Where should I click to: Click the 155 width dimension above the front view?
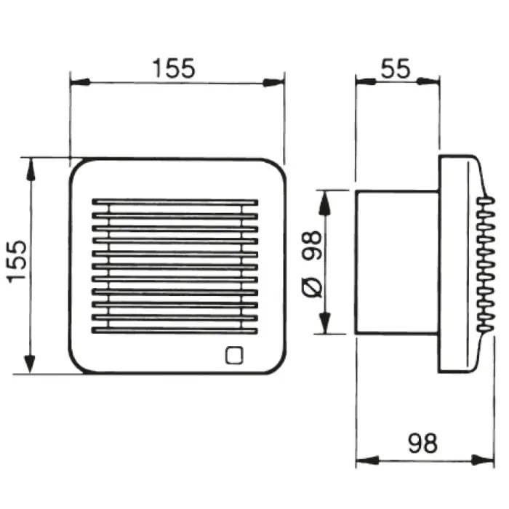[174, 68]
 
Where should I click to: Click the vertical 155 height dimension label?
[17, 262]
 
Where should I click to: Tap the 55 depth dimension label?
[396, 68]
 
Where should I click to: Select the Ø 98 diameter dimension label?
[312, 264]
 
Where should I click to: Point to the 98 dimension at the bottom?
[422, 443]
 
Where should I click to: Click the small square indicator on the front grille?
[234, 355]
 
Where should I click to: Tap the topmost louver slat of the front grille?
[175, 202]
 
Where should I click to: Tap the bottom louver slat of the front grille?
[175, 330]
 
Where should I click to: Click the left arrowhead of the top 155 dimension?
[80, 82]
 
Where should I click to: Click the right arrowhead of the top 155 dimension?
[273, 83]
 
